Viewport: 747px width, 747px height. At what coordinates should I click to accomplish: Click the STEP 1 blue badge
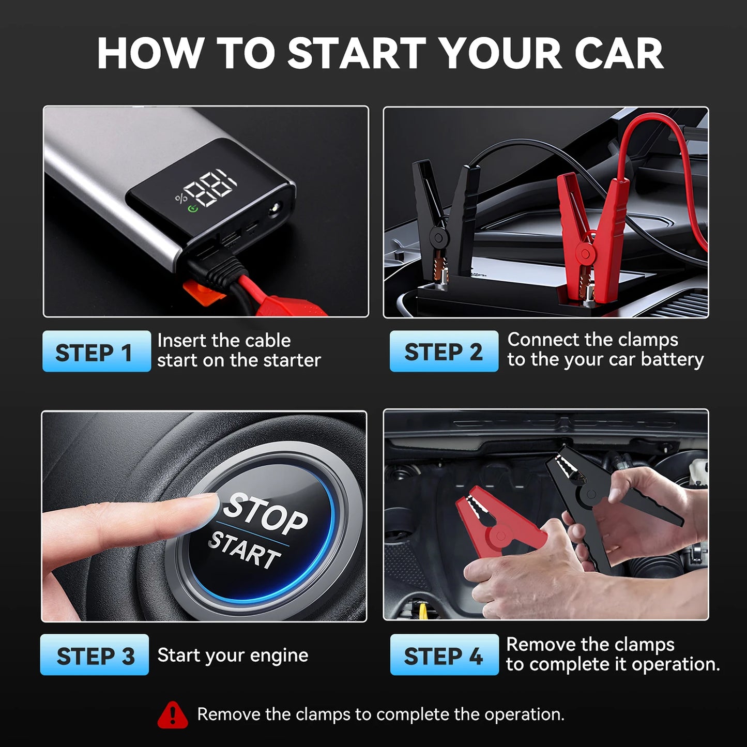coord(96,352)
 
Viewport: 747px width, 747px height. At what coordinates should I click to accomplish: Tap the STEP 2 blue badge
coord(444,352)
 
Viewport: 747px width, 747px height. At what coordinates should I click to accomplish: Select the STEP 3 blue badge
coord(95,655)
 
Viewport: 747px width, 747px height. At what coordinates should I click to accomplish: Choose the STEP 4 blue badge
coord(444,655)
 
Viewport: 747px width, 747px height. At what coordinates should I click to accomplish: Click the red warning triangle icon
coord(173,715)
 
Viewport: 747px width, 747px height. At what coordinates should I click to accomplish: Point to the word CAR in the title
coord(618,53)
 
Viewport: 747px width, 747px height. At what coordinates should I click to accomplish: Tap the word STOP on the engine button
coord(267,514)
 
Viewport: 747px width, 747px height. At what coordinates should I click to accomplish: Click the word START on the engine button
coord(245,551)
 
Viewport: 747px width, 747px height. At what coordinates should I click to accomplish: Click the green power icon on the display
coord(193,209)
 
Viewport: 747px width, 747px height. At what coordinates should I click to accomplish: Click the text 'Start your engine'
coord(233,655)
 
